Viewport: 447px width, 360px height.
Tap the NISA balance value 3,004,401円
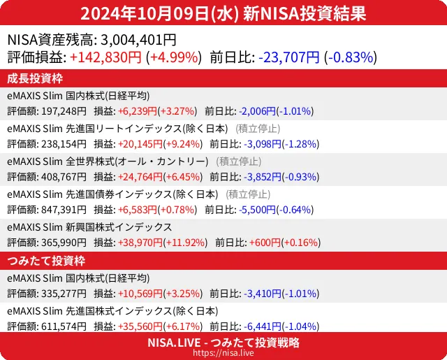point(138,41)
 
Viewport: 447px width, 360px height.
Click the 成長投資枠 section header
point(36,78)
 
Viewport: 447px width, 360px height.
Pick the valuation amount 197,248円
point(63,111)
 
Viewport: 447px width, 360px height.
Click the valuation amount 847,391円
point(63,210)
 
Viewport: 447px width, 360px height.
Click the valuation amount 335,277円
point(63,294)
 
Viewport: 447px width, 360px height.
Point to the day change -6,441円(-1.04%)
point(279,326)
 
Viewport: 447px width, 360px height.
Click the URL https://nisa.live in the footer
point(223,354)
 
